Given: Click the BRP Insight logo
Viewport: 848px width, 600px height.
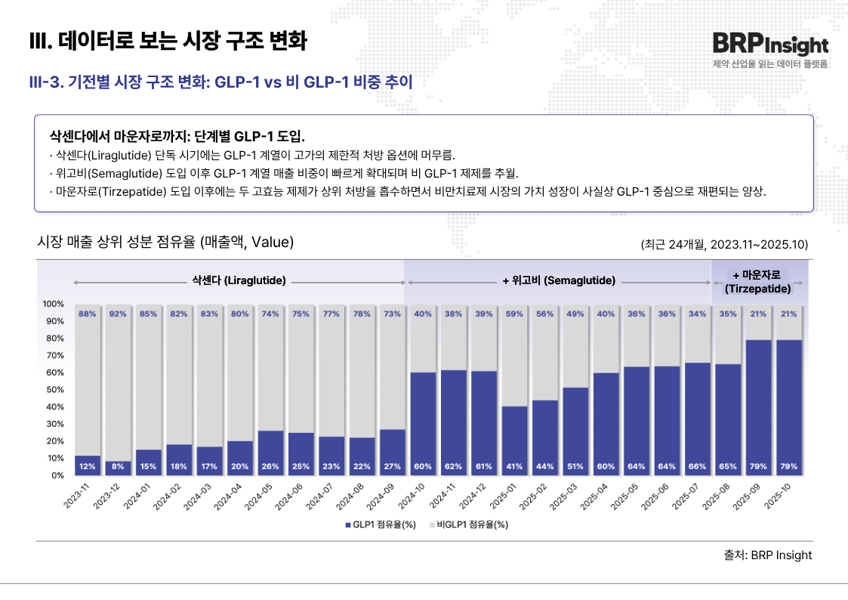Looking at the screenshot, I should click(x=769, y=45).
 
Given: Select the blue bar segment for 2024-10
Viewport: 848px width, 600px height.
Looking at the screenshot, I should click(x=423, y=423).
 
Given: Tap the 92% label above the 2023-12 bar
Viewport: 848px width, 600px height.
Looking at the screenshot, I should click(x=119, y=314).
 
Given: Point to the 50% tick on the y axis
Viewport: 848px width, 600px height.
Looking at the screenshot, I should click(x=53, y=390).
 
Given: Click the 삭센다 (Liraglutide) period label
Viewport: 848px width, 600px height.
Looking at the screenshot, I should click(x=239, y=280).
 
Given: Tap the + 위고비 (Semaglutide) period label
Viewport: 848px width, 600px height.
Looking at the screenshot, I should click(x=559, y=280).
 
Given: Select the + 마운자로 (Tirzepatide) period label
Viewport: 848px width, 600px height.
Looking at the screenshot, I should click(x=757, y=281).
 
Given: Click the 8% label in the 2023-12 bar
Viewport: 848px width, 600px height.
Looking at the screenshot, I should click(x=119, y=466).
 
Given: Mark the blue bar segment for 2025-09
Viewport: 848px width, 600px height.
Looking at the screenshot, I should click(x=757, y=408).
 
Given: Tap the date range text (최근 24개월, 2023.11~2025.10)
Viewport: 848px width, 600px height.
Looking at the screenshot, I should click(x=724, y=244).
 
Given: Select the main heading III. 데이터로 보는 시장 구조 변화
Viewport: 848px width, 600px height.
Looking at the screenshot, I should click(x=168, y=41).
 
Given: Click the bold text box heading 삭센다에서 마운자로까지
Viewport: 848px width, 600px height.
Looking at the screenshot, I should click(x=177, y=137).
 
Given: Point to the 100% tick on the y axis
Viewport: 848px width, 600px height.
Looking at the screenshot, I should click(x=53, y=304).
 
